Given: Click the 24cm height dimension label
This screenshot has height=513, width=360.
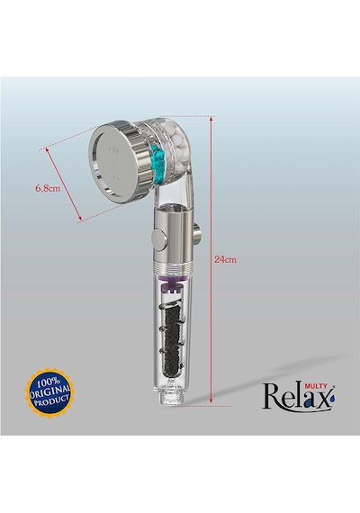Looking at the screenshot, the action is pyautogui.click(x=225, y=259).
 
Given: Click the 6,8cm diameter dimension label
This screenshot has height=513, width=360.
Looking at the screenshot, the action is pyautogui.click(x=48, y=188).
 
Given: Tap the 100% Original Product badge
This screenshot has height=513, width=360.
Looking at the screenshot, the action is pyautogui.click(x=49, y=393).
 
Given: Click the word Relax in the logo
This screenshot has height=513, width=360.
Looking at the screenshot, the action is pyautogui.click(x=296, y=397).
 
